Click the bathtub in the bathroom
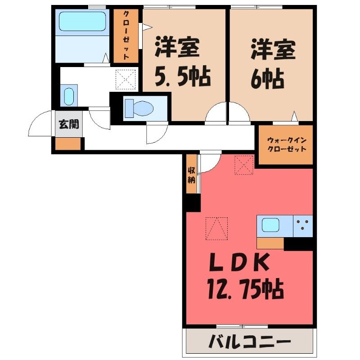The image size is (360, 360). tap(82, 21)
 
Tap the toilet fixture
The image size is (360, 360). tap(139, 108)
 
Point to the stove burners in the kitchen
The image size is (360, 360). tap(302, 225)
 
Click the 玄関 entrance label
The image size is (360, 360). tap(69, 124)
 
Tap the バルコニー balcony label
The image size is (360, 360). tap(250, 342)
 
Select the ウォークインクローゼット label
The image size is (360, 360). tap(287, 144)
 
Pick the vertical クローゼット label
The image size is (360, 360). tap(126, 36)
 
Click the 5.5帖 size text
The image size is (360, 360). tap(183, 76)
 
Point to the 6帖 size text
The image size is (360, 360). tap(267, 78)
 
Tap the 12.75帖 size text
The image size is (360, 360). tap(245, 288)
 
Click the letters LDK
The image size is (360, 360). tap(239, 262)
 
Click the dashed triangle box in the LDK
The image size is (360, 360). tap(216, 229)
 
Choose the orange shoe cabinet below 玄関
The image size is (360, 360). tap(68, 144)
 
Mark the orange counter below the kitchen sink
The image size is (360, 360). tap(270, 243)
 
